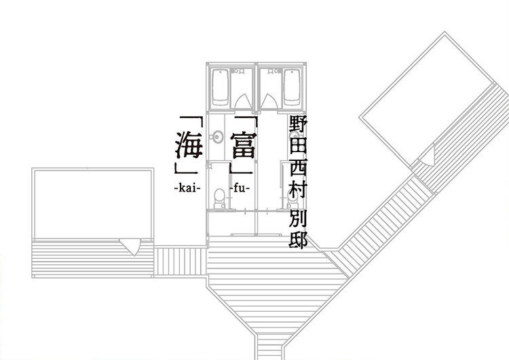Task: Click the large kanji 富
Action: click(x=244, y=145)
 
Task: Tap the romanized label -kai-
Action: click(x=186, y=185)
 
